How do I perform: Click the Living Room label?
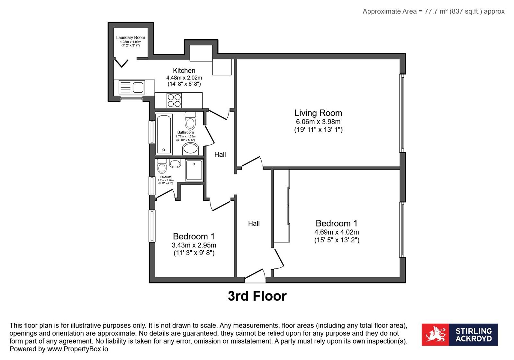(318, 113)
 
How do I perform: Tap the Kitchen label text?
(184, 70)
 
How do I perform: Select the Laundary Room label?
(131, 37)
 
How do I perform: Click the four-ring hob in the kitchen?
(174, 100)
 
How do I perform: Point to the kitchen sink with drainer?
(132, 87)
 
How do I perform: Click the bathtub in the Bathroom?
(164, 134)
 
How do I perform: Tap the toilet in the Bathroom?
(190, 121)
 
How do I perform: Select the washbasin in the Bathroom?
(190, 149)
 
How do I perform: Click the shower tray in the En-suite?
(194, 170)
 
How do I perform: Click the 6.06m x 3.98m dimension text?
(318, 122)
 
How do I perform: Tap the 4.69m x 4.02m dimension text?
(337, 232)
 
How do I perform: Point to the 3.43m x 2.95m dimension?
(194, 245)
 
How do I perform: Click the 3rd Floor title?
(257, 296)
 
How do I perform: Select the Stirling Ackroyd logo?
(460, 335)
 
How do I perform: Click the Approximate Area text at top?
(433, 11)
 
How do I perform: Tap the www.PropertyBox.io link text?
(77, 349)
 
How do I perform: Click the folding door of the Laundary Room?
(121, 63)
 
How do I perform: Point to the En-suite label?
(166, 177)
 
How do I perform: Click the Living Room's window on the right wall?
(403, 113)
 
